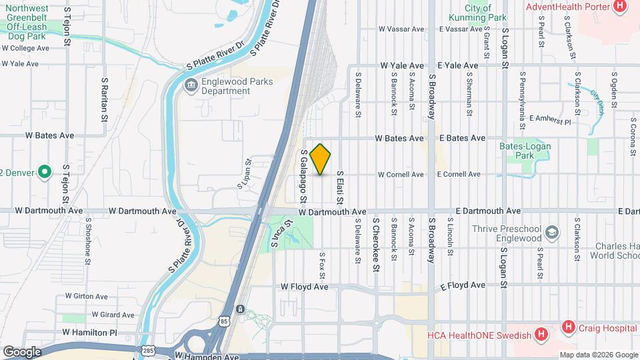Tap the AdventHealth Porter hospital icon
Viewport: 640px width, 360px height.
[x=621, y=7]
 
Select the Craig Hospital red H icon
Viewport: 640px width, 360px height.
[x=568, y=327]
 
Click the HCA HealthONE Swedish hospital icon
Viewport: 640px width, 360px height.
[x=541, y=334]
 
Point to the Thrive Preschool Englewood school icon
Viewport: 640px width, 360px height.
[x=552, y=233]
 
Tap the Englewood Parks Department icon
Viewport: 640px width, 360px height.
[x=191, y=85]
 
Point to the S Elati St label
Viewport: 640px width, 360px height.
[x=340, y=187]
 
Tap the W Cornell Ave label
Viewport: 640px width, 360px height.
[x=401, y=175]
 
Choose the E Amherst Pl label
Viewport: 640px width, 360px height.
[x=550, y=122]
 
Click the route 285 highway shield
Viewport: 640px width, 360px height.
[x=147, y=350]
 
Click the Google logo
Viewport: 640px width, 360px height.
[x=22, y=351]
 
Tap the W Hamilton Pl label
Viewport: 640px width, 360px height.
[x=89, y=331]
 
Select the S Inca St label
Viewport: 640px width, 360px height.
[x=283, y=235]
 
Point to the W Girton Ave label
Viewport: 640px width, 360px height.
[x=87, y=296]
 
